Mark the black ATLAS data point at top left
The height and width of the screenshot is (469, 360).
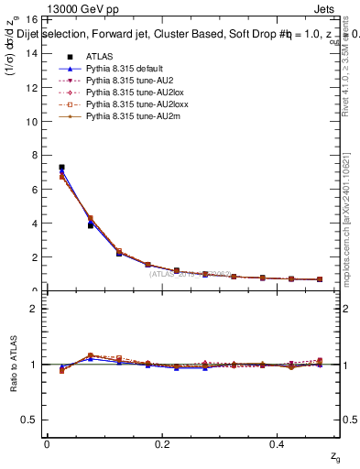61,168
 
